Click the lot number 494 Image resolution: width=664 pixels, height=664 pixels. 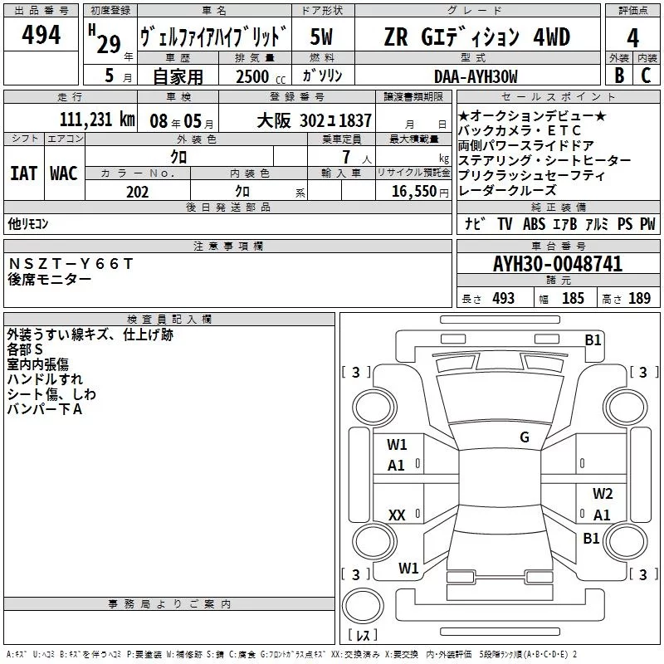(41, 35)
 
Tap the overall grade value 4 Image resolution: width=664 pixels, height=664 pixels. (633, 38)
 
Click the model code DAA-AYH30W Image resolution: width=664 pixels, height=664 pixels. (476, 76)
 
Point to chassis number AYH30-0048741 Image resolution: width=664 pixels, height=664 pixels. (557, 265)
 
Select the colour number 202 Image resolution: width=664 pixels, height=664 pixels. (137, 192)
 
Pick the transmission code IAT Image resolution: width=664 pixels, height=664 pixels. (23, 173)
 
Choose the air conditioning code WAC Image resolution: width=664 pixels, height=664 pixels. (63, 173)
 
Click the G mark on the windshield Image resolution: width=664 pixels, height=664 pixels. (524, 437)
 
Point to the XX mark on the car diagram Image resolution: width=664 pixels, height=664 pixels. (397, 515)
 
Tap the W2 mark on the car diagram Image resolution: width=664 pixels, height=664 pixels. (602, 494)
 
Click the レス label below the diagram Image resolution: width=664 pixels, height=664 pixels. (363, 636)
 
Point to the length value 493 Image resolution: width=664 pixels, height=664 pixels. (503, 299)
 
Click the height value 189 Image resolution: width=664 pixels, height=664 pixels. (639, 299)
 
